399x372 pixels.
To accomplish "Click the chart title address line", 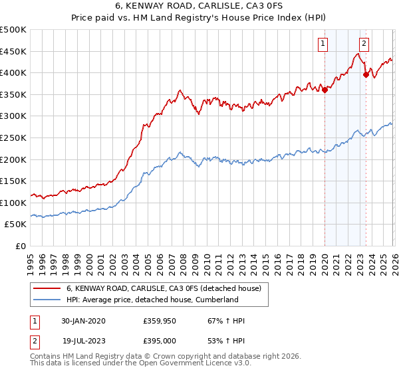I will [199, 7].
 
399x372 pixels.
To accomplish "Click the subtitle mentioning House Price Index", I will [199, 19].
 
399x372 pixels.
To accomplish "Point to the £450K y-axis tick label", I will [13, 51].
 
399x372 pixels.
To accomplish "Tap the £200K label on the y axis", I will [13, 159].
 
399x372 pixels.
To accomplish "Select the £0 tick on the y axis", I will [21, 246].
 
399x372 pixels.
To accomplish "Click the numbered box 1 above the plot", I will [323, 44].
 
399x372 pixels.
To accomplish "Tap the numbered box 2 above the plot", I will [364, 44].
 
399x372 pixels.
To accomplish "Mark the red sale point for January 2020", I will [325, 90].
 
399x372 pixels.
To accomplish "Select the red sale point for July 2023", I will [365, 75].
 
